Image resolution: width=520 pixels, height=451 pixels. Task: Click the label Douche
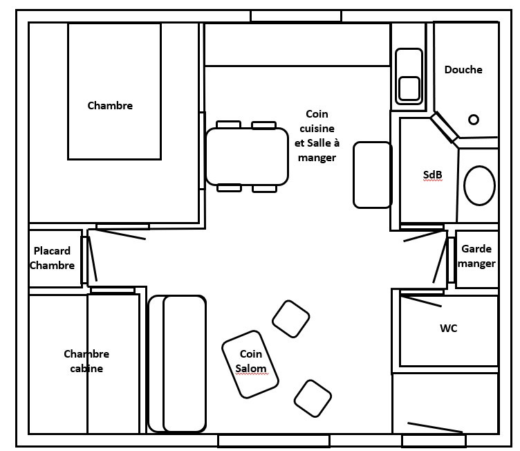463,69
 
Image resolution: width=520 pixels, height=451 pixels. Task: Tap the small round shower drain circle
474,120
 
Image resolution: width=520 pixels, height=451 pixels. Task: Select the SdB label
432,175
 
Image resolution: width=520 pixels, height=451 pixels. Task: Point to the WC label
449,329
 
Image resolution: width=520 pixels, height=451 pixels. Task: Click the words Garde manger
477,256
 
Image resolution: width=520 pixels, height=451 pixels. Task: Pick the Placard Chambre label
53,258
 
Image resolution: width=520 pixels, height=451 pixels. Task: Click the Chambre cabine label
86,361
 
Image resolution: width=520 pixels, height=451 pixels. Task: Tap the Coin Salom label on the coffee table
250,362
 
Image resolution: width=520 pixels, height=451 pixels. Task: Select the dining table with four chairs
247,156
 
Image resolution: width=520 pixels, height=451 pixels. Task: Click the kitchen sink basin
409,89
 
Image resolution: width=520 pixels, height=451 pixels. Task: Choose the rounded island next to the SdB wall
372,174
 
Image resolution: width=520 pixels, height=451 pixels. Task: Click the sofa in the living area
177,363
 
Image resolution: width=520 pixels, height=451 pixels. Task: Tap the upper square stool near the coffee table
290,319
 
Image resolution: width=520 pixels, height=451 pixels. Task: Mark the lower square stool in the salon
313,398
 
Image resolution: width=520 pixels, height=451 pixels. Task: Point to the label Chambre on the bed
110,106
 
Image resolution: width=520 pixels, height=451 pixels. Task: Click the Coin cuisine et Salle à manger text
317,136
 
